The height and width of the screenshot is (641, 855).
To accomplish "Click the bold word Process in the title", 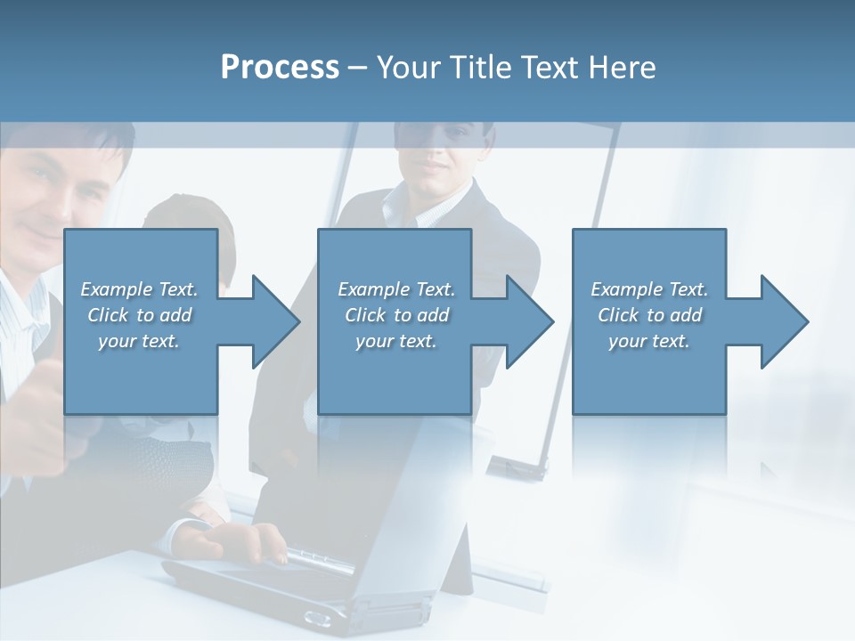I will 280,68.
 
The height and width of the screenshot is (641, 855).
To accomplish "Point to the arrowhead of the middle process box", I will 528,321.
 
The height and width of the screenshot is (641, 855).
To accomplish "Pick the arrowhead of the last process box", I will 783,321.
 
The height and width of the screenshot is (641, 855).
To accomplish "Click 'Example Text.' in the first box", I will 140,289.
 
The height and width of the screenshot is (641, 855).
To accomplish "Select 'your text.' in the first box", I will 140,341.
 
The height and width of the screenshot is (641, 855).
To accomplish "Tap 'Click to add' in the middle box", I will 396,315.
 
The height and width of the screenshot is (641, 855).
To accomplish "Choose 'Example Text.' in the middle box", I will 396,289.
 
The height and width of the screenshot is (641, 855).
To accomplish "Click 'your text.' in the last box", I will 649,341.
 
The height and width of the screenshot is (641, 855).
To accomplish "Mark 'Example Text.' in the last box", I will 649,289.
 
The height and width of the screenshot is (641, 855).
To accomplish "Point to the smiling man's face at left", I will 53,196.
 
